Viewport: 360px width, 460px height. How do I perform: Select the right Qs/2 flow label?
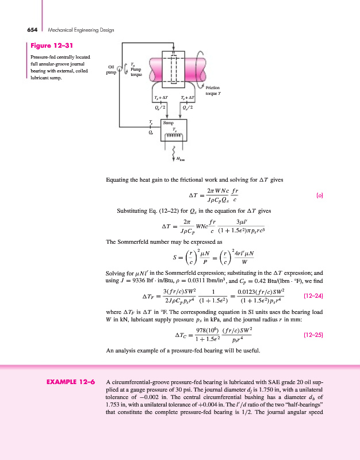(x=187, y=107)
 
